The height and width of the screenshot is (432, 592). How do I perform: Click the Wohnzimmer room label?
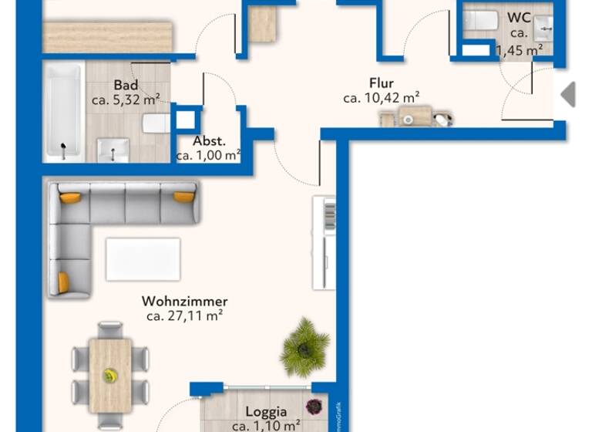tap(185, 301)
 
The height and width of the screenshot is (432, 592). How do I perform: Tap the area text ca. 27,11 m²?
tap(185, 316)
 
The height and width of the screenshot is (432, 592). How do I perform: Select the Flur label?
tap(382, 83)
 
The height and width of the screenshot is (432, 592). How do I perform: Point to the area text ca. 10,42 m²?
tap(382, 98)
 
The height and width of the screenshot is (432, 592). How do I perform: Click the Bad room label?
tap(126, 85)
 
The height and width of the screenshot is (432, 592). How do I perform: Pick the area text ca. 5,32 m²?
tap(126, 100)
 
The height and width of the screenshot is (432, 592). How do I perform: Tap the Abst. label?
tap(209, 141)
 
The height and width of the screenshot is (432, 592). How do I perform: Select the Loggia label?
tap(266, 412)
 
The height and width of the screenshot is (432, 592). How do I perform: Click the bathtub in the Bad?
tap(62, 112)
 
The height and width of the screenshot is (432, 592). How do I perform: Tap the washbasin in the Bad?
tap(114, 149)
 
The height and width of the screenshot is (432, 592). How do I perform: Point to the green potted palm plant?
tap(305, 346)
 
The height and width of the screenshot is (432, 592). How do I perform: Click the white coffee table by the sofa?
tap(143, 259)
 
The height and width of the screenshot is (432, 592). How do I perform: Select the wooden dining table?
tap(110, 374)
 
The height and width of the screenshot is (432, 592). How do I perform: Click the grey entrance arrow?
tap(568, 94)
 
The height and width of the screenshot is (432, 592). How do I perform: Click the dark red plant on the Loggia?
tap(314, 407)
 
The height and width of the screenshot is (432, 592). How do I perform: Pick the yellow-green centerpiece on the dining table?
tap(111, 376)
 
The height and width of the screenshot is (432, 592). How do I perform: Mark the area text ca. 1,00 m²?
tap(209, 156)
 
